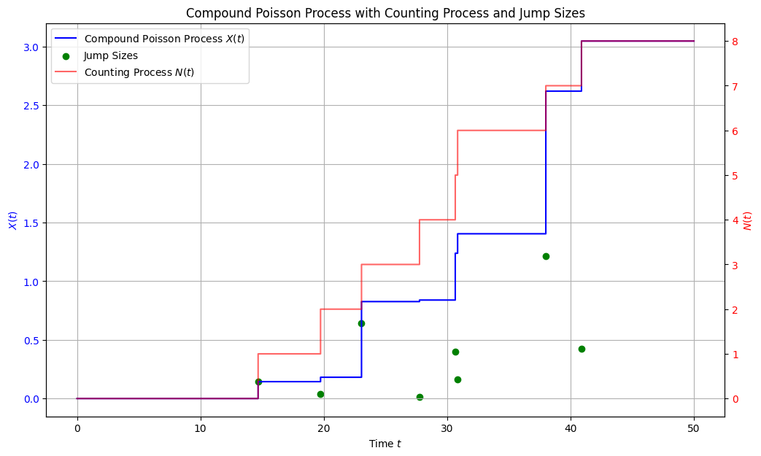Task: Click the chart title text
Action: pos(385,12)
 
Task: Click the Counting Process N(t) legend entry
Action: pos(139,72)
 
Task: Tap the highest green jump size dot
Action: pos(546,256)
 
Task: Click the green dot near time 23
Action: pos(361,323)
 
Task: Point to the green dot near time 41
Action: pos(582,349)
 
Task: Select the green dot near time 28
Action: pos(420,397)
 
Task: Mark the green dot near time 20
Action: pos(320,394)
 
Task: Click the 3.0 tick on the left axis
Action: pos(31,47)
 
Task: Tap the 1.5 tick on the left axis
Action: pos(31,223)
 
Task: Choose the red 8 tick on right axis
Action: pos(736,42)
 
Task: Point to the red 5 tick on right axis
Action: pos(736,176)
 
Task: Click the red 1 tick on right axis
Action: pos(736,355)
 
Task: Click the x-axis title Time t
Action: pos(385,444)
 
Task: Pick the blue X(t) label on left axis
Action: pos(12,220)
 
